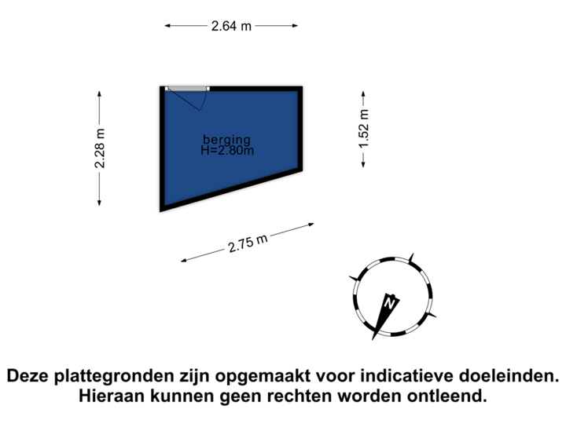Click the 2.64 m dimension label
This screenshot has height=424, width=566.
(231, 26)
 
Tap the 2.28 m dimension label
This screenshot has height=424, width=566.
(100, 148)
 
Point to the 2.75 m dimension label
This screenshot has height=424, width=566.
(248, 243)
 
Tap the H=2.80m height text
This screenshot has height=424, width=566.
(227, 150)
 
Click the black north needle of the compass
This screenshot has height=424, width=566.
(383, 314)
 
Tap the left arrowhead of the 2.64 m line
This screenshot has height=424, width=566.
(167, 26)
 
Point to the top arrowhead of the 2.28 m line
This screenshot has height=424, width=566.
(99, 93)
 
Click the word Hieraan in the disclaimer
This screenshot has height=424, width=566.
(111, 397)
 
